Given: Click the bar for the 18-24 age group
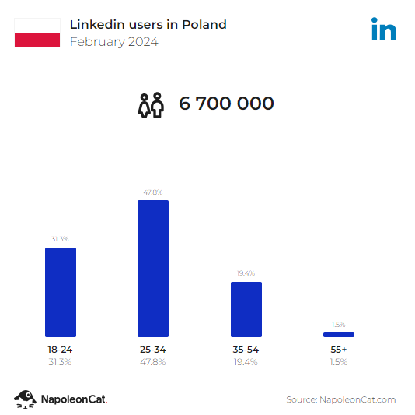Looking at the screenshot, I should point(60,292).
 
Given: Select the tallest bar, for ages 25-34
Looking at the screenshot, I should point(153,269).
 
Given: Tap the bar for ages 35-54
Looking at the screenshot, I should point(246,309).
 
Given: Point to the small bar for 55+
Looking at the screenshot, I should point(338,335).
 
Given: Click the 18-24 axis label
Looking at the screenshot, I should point(60,350).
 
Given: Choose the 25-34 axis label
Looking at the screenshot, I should point(153,350).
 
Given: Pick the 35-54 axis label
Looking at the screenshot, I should point(246,350).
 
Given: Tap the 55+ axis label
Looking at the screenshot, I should point(338,350).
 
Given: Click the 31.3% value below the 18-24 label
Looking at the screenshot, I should point(60,362).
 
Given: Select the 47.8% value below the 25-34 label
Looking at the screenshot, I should point(153,362).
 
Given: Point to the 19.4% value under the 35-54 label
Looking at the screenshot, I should point(246,362).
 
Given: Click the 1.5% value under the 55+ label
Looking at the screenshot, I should point(338,362).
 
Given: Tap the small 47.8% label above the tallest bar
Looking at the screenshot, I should point(153,192).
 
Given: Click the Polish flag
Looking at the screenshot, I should point(37,33).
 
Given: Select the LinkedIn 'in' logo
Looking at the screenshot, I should point(384,30).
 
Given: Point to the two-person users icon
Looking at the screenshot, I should point(152,104).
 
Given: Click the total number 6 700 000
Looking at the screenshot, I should point(226,104).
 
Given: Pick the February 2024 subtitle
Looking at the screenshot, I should point(113,42).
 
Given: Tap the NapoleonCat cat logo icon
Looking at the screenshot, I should point(25,399).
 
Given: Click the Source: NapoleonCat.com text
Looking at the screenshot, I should point(340,399).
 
